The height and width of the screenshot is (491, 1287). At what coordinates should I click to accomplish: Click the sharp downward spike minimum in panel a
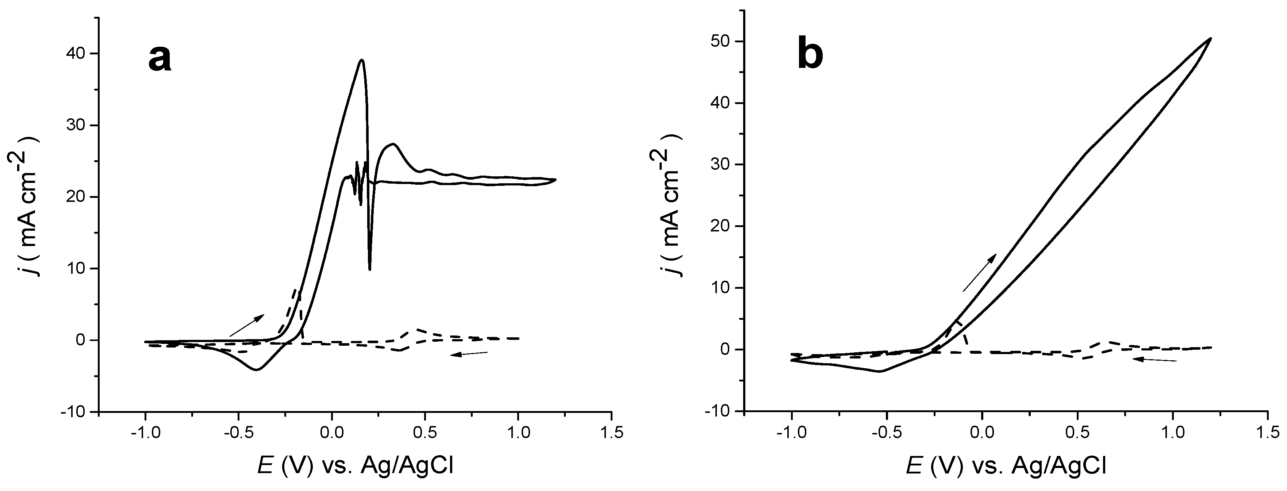pos(370,269)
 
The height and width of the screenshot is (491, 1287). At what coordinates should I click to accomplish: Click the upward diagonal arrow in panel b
pos(979,273)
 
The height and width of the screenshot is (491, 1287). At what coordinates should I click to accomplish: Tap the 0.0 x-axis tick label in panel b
pos(982,433)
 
